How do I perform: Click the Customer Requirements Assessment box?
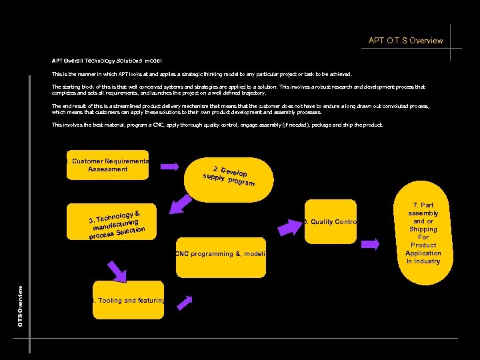coord(107,165)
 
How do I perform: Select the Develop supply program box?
coord(229,175)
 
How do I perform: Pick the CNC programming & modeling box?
coord(221,254)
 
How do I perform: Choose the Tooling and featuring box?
coord(128,301)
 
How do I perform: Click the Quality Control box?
coord(330,222)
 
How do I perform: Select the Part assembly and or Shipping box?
coord(423,233)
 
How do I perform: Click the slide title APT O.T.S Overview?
coord(405,41)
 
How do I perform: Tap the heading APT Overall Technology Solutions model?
coord(107,61)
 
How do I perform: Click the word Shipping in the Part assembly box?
coord(423,229)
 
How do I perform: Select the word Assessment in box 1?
coord(107,169)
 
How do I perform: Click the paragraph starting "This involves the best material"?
coord(217,125)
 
